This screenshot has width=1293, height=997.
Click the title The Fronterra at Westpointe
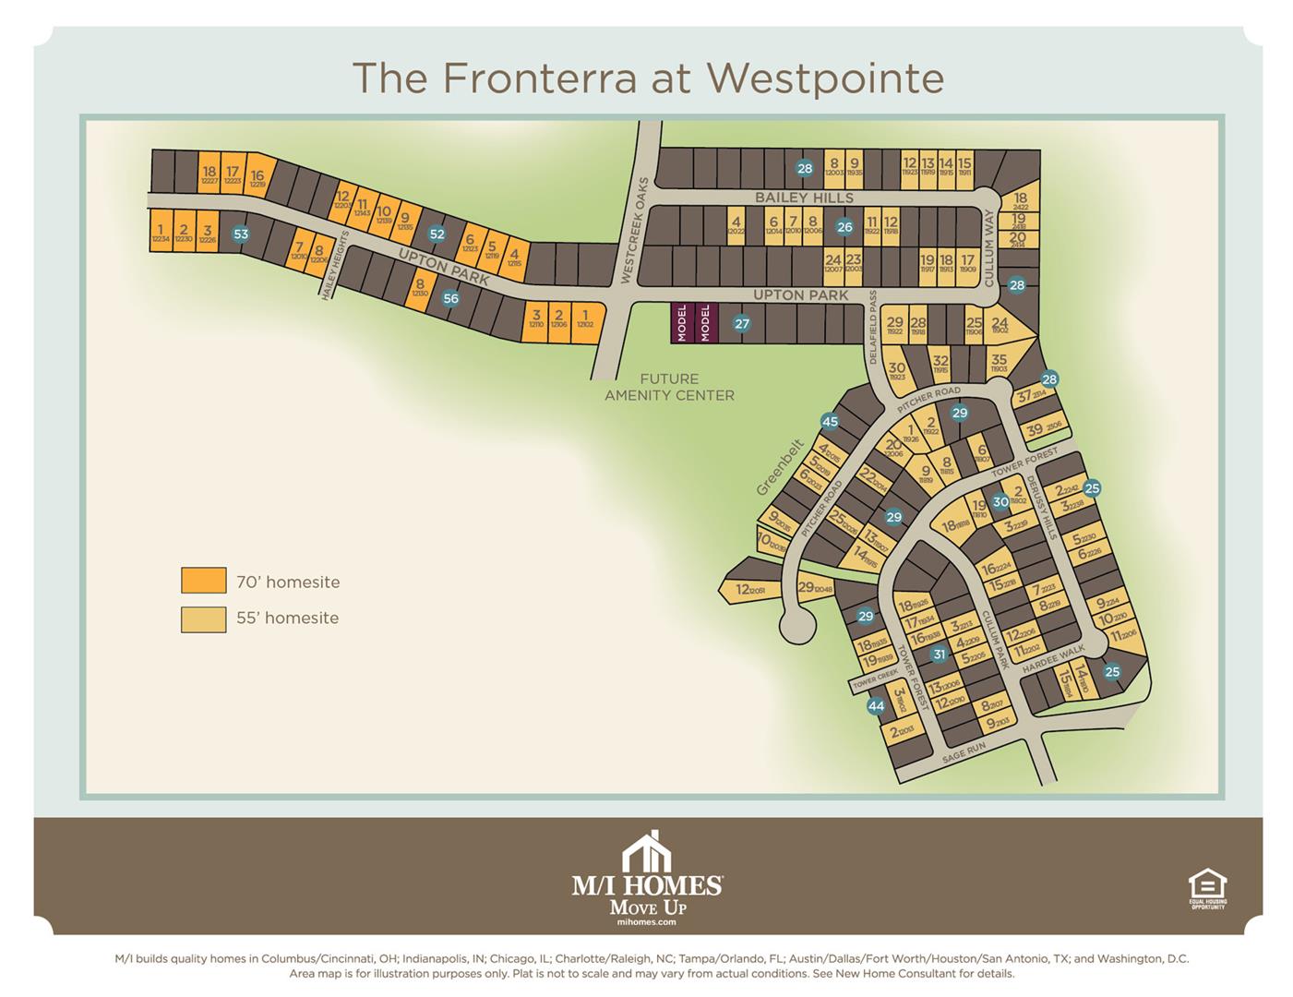tap(648, 78)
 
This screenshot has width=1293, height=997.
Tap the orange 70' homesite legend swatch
tap(203, 581)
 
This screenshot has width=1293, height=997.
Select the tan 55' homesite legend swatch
tap(203, 619)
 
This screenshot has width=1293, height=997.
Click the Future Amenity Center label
tap(669, 387)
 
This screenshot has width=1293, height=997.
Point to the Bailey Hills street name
tap(804, 198)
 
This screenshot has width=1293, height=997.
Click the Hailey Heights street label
tap(334, 265)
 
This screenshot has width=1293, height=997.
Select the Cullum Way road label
tap(988, 248)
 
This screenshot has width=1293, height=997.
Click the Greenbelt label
tap(779, 468)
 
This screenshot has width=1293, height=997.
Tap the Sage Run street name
tap(964, 752)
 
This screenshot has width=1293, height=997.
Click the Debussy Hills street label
tap(1040, 507)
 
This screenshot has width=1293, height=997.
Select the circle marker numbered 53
tap(240, 234)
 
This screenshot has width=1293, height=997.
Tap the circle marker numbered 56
tap(450, 298)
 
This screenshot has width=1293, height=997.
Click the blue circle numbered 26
tap(844, 226)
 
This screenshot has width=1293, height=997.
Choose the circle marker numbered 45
tap(830, 422)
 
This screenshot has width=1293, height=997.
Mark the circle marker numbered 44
tap(876, 706)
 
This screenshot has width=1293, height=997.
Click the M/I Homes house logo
tap(647, 851)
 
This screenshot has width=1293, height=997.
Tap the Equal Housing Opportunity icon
tap(1207, 887)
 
